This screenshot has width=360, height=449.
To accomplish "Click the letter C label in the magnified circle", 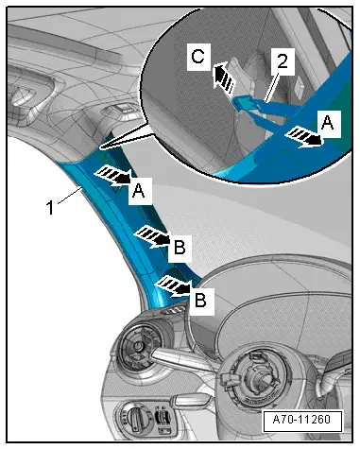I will click(x=197, y=58).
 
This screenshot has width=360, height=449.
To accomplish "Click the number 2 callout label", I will click(x=281, y=64).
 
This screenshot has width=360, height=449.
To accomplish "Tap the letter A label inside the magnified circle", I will click(x=328, y=121).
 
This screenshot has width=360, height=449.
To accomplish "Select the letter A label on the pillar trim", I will click(x=139, y=190).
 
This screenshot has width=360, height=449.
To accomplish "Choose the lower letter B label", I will click(x=201, y=300).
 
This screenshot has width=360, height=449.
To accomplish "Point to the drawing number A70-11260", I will click(x=300, y=421).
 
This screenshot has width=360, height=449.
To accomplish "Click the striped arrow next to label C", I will click(x=223, y=76).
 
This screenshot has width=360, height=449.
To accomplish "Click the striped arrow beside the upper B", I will click(x=151, y=235).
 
